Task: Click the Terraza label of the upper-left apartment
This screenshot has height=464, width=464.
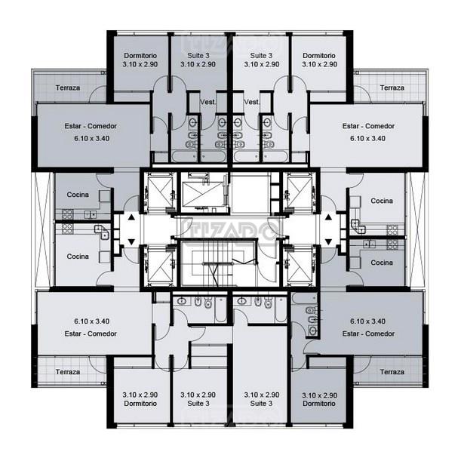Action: click(68, 88)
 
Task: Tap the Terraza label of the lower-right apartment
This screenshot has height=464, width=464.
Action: click(392, 372)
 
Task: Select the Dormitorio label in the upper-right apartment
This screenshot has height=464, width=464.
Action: click(319, 56)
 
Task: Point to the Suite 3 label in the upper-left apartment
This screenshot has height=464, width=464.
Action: click(198, 56)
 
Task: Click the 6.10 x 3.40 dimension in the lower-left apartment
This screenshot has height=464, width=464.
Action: click(92, 321)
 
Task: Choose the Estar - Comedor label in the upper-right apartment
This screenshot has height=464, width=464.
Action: click(368, 126)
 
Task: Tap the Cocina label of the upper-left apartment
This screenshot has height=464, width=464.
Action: click(78, 195)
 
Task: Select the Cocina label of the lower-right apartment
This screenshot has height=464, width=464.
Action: click(382, 263)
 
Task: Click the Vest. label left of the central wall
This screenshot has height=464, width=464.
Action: click(208, 102)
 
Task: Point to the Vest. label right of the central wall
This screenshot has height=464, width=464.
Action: click(252, 102)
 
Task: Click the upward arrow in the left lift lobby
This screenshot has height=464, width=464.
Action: click(132, 218)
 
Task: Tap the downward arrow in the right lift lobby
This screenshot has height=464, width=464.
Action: click(328, 242)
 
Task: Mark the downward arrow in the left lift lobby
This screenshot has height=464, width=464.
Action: click(132, 242)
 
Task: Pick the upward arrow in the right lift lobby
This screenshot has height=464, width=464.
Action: click(328, 218)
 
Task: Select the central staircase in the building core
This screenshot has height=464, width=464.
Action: click(218, 263)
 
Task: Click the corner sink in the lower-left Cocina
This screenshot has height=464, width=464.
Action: click(103, 232)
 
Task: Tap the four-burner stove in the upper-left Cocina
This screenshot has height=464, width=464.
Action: click(67, 214)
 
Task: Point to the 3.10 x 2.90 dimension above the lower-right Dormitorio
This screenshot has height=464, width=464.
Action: click(320, 395)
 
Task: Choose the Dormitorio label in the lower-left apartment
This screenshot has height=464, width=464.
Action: click(140, 404)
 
